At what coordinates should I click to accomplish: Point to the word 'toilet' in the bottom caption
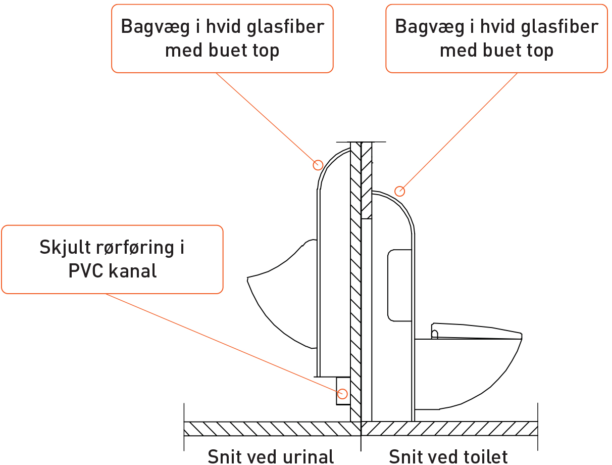point(483,456)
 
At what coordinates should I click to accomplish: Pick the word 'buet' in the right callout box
point(507,50)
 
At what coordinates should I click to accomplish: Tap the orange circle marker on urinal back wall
point(318,164)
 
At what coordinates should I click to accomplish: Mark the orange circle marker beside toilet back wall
point(400,191)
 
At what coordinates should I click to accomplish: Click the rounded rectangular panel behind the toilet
point(399,286)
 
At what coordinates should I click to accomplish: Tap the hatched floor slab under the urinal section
point(268,429)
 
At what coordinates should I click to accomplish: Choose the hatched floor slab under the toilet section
point(449,429)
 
